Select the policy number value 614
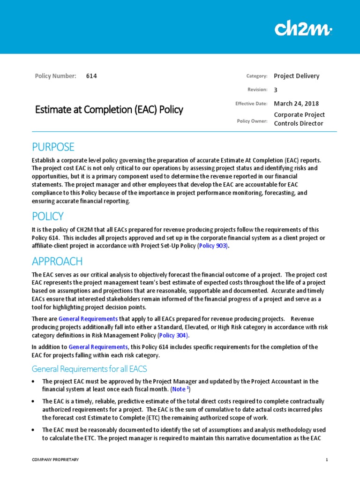[x=92, y=76]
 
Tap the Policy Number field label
[x=55, y=76]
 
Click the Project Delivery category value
[x=296, y=76]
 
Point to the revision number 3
[x=276, y=90]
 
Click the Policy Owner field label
[x=252, y=121]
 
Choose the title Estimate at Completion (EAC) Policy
[x=109, y=110]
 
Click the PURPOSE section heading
[x=53, y=147]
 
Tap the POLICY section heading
[x=47, y=216]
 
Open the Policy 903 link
[x=213, y=246]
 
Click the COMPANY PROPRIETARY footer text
[x=55, y=460]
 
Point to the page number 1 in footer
[x=327, y=460]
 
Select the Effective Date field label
[x=251, y=104]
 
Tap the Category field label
[x=256, y=76]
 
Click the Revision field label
[x=257, y=90]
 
